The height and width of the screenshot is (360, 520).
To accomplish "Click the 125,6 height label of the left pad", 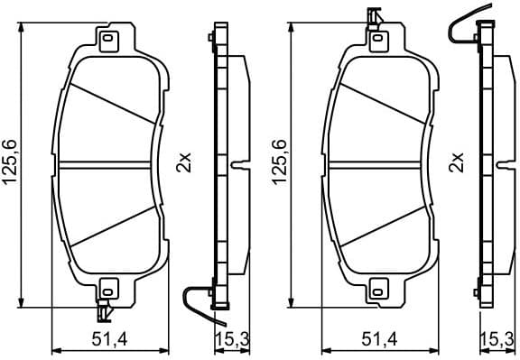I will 11,164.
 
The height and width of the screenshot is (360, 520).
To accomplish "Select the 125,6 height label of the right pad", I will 280,164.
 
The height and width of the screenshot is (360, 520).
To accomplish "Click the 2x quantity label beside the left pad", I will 183,164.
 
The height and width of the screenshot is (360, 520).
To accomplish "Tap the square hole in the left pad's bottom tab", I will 109,291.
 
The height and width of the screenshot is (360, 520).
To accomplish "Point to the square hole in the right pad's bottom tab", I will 378,291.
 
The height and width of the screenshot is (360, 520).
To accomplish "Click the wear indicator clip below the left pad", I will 105,312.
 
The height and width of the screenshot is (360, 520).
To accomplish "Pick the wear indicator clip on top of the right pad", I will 374,16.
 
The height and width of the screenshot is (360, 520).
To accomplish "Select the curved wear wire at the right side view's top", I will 464,27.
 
